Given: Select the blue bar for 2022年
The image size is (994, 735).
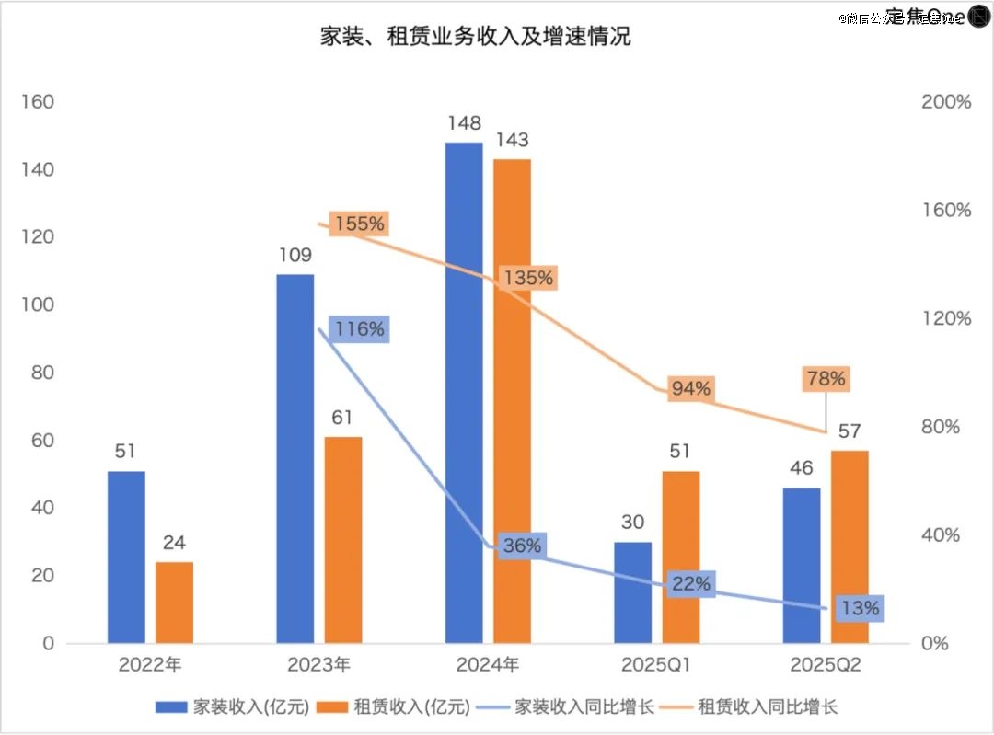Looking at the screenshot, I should coord(126,557).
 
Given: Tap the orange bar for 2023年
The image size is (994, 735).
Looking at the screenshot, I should coord(343,539).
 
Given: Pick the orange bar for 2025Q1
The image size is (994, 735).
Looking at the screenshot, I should coord(681,557).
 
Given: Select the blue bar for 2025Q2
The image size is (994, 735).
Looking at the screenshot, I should coord(802,565).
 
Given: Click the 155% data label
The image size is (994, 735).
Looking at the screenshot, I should coord(362,224).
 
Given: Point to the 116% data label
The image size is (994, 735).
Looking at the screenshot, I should coord(360,328).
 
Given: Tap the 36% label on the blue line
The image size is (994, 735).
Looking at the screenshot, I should coord(522,545).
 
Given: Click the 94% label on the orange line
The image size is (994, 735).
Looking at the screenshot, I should coord(690,388).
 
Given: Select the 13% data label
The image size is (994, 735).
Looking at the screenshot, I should coord(861,607).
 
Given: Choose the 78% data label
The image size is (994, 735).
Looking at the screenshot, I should coord(824,378).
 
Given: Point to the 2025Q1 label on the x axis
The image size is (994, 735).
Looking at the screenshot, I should coord(656,665).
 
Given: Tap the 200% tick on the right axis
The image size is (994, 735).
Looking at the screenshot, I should coord(946,102).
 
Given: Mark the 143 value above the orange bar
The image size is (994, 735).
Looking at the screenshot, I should coord(512,140).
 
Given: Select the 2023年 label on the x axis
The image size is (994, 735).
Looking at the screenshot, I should coord(318,665).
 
